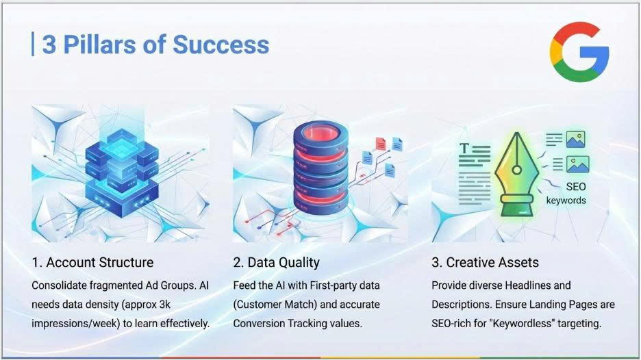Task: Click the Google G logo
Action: pyautogui.click(x=579, y=52)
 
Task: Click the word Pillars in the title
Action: pyautogui.click(x=99, y=44)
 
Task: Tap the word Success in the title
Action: pyautogui.click(x=221, y=44)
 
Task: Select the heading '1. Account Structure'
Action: pyautogui.click(x=93, y=262)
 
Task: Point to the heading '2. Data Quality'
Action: pyautogui.click(x=277, y=262)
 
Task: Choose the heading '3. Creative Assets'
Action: pyautogui.click(x=486, y=262)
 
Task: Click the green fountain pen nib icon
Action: pyautogui.click(x=516, y=175)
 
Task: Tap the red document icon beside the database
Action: pyautogui.click(x=381, y=144)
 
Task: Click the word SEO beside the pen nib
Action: pyautogui.click(x=576, y=187)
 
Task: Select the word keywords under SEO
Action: pyautogui.click(x=566, y=201)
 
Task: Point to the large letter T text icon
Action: pyautogui.click(x=464, y=149)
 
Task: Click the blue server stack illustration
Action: pyautogui.click(x=121, y=172)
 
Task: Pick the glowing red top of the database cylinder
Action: pyautogui.click(x=320, y=133)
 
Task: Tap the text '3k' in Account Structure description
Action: pyautogui.click(x=165, y=305)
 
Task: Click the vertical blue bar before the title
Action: pyautogui.click(x=33, y=44)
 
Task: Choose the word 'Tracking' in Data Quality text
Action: pyautogui.click(x=307, y=324)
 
